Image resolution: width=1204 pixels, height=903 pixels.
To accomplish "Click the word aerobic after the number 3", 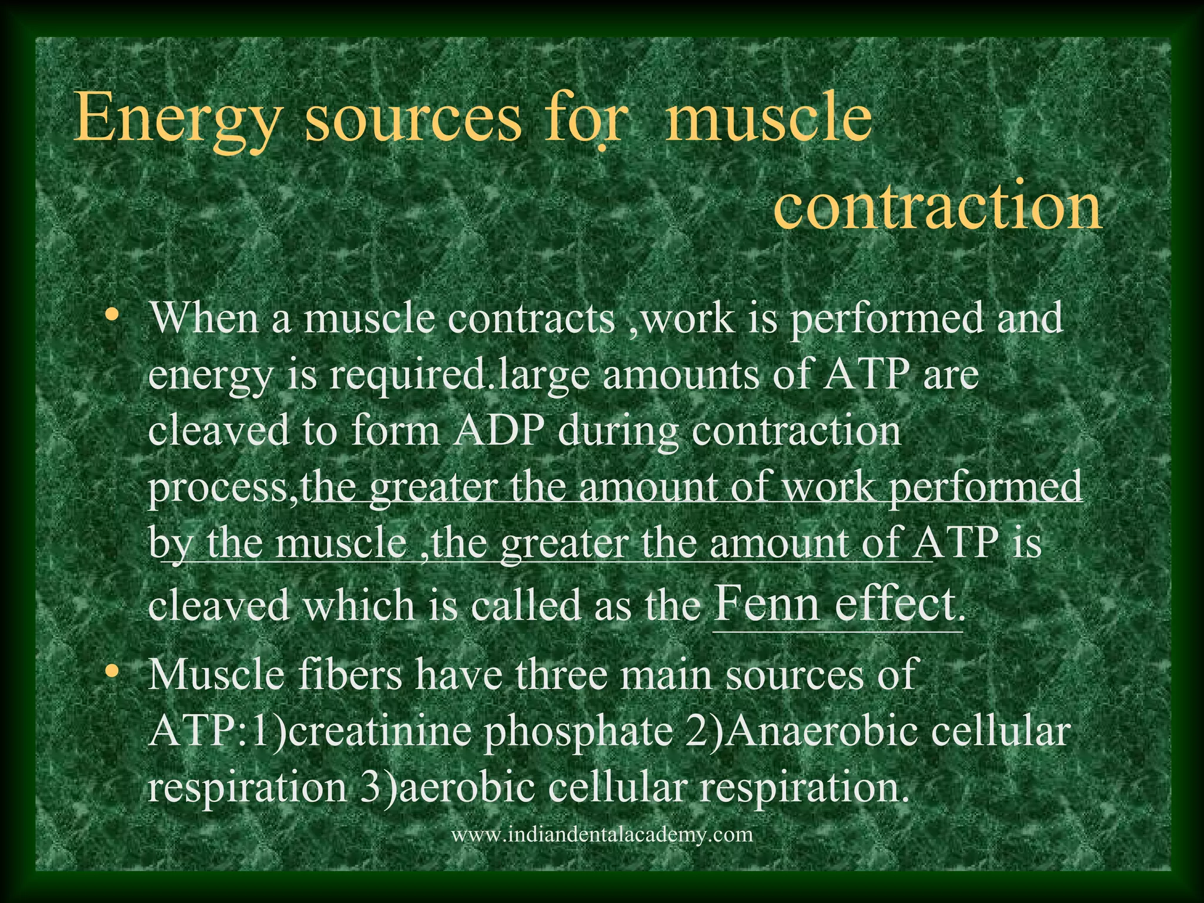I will (467, 788).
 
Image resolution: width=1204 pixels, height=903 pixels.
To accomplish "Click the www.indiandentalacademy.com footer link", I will (601, 834).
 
